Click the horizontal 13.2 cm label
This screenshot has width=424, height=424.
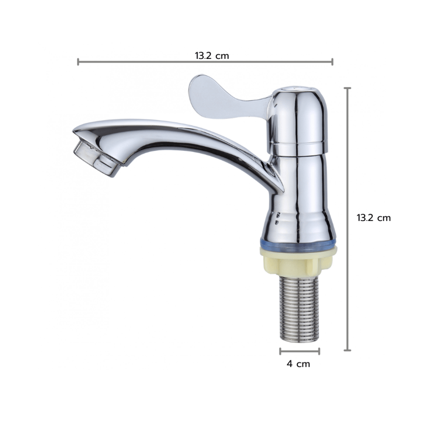coord(212,56)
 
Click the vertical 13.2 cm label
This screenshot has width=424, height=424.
coord(374,218)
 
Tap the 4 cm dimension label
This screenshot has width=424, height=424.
coord(298,364)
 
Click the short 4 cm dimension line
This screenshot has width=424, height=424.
coord(300,351)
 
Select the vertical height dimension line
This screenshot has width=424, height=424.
coord(347,219)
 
